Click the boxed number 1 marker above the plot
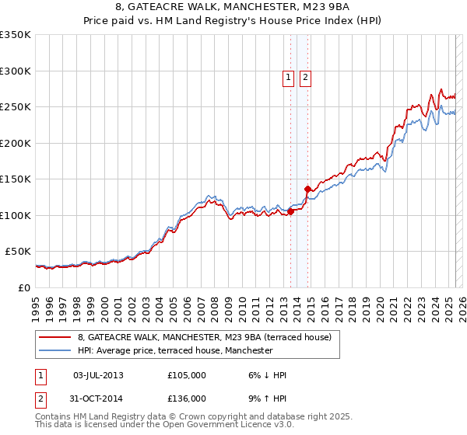tap(288, 77)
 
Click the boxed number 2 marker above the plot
tap(305, 77)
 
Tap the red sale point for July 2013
tap(290, 211)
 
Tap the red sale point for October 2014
tap(308, 189)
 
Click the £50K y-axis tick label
tap(19, 252)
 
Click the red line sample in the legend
tap(54, 337)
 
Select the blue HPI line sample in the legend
tap(54, 351)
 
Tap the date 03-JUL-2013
tap(98, 375)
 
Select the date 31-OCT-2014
tap(98, 398)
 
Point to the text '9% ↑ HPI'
tap(267, 398)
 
